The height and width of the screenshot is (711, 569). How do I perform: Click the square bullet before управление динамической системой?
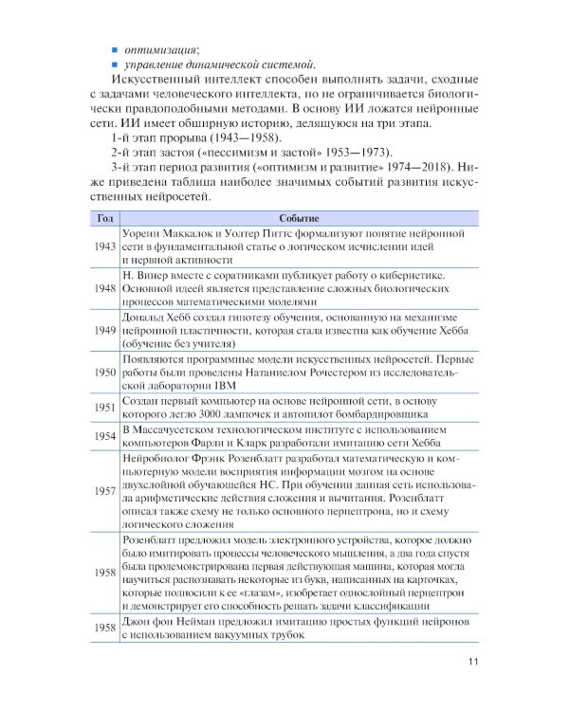[114, 64]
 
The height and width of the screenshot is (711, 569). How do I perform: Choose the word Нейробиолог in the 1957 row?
[158, 457]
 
